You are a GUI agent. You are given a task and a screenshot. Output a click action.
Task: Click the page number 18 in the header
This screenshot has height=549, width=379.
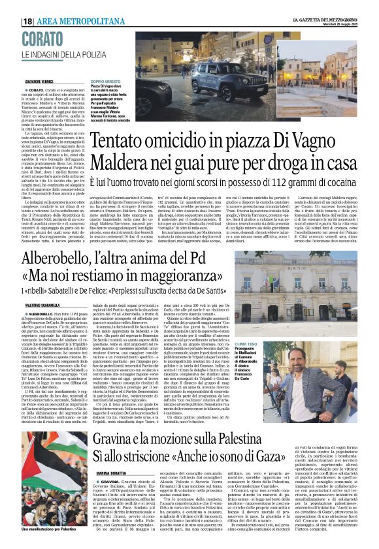pos(28,22)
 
